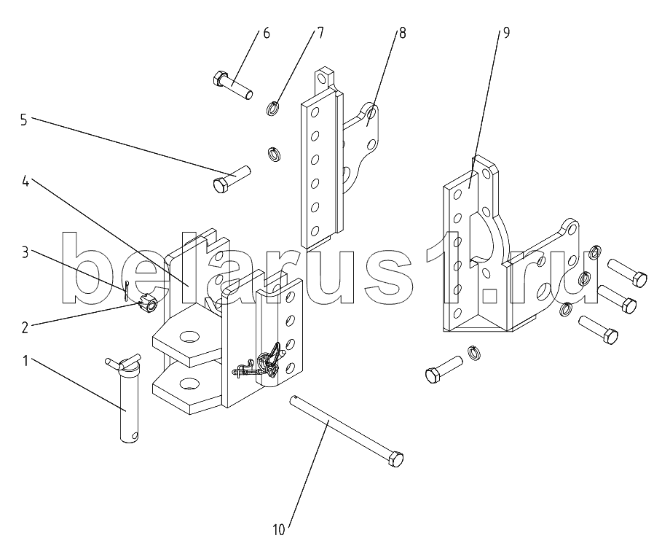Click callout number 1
25,361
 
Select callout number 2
25,327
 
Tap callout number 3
25,253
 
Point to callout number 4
25,182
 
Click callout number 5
23,120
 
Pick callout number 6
267,33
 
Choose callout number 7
320,33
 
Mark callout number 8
402,33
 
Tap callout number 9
506,33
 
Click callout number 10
279,530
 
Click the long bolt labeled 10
346,430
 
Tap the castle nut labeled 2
148,304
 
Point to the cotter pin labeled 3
127,290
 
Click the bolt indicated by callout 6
232,85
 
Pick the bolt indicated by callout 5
232,179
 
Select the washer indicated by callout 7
272,108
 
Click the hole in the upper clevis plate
189,337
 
